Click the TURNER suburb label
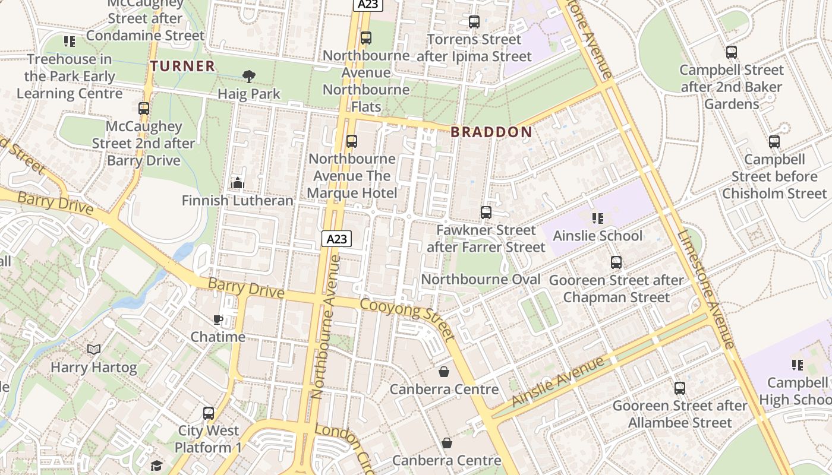coord(182,66)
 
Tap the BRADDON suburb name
coord(491,132)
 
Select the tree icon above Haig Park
coord(249,76)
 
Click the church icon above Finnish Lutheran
coord(238,183)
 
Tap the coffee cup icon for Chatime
coord(218,320)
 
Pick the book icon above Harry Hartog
coord(94,350)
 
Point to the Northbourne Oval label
coord(481,280)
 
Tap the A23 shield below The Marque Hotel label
coord(337,239)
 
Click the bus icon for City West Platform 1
coord(208,413)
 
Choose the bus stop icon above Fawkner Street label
coord(486,212)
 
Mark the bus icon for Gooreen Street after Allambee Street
coord(680,388)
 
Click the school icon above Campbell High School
coord(797,365)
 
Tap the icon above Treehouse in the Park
coord(70,42)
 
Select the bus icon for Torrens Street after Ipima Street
coord(474,22)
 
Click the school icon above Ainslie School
coord(597,218)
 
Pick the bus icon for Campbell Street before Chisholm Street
coord(774,142)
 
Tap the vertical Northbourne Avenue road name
coord(324,327)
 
